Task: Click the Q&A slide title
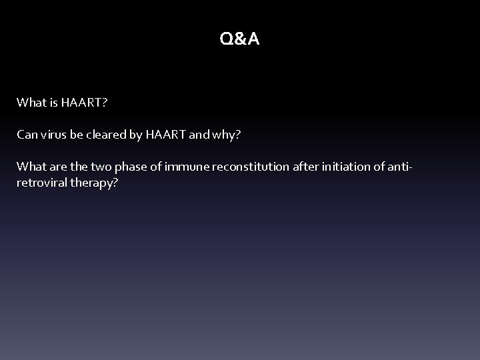pyautogui.click(x=239, y=40)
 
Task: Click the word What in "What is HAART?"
pyautogui.click(x=31, y=103)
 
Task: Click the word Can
pyautogui.click(x=27, y=135)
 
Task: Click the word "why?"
pyautogui.click(x=227, y=135)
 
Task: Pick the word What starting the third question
pyautogui.click(x=31, y=167)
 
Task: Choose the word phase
pyautogui.click(x=130, y=167)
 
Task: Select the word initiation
pyautogui.click(x=349, y=167)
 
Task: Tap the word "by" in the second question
pyautogui.click(x=135, y=135)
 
